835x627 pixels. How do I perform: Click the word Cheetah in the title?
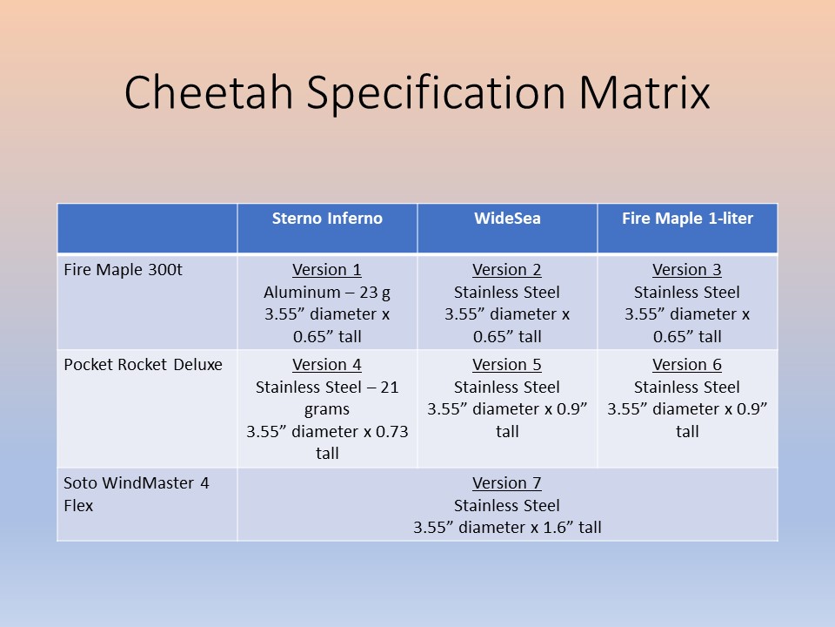coord(209,92)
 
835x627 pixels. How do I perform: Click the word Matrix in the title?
coord(645,92)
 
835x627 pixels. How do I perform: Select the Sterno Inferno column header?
coord(327,218)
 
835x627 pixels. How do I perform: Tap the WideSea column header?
coord(507,218)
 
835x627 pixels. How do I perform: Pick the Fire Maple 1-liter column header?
coord(687,218)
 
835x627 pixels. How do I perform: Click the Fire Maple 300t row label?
coord(123,270)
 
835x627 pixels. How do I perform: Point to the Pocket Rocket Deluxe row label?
coord(143,365)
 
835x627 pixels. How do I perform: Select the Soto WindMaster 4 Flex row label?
coord(137,494)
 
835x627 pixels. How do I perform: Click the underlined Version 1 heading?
coord(327,270)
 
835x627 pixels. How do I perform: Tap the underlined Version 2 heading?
coord(507,270)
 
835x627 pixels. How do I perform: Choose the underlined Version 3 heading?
coord(687,270)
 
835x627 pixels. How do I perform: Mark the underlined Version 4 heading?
coord(327,365)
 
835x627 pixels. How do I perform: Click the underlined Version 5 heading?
coord(507,365)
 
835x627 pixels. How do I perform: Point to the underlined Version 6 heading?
coord(687,365)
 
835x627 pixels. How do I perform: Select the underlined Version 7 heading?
coord(507,483)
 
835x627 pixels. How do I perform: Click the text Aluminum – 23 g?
coord(327,293)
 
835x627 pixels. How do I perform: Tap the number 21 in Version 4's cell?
coord(390,387)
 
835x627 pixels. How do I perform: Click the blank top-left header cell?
coord(147,228)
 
